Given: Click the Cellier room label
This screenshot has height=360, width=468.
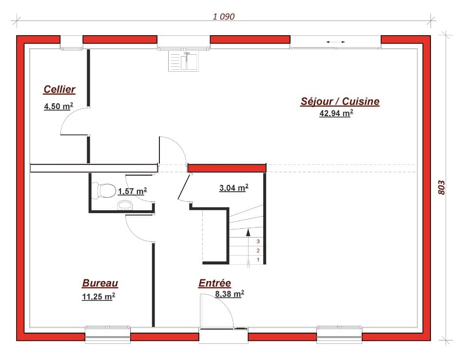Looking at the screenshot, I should [59, 89].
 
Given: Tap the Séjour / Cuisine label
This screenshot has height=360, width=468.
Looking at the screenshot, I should [339, 101].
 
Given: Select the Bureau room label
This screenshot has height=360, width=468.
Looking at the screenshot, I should [100, 283].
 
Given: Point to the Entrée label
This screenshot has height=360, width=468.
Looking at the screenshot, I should [214, 283].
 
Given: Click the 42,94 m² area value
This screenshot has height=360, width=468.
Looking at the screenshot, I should [336, 114].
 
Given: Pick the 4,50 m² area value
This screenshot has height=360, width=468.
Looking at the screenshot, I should [58, 107].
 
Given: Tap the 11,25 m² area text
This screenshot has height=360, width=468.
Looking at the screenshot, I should [98, 297].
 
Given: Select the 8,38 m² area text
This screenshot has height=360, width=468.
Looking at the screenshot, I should [229, 294].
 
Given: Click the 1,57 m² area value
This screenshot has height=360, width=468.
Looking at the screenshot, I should [132, 192].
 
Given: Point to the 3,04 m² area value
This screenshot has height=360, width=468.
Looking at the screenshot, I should [234, 188].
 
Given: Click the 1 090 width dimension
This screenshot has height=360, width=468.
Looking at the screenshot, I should [224, 17].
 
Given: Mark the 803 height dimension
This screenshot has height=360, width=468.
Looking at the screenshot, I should [441, 188].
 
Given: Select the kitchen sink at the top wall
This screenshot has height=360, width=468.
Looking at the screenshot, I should [184, 60].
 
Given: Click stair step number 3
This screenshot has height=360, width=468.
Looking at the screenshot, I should [258, 241].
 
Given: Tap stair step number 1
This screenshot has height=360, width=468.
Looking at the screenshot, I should [258, 260].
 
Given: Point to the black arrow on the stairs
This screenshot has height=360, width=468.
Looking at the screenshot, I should [248, 234].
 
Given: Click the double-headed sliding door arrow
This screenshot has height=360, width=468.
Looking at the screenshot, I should [335, 42].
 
